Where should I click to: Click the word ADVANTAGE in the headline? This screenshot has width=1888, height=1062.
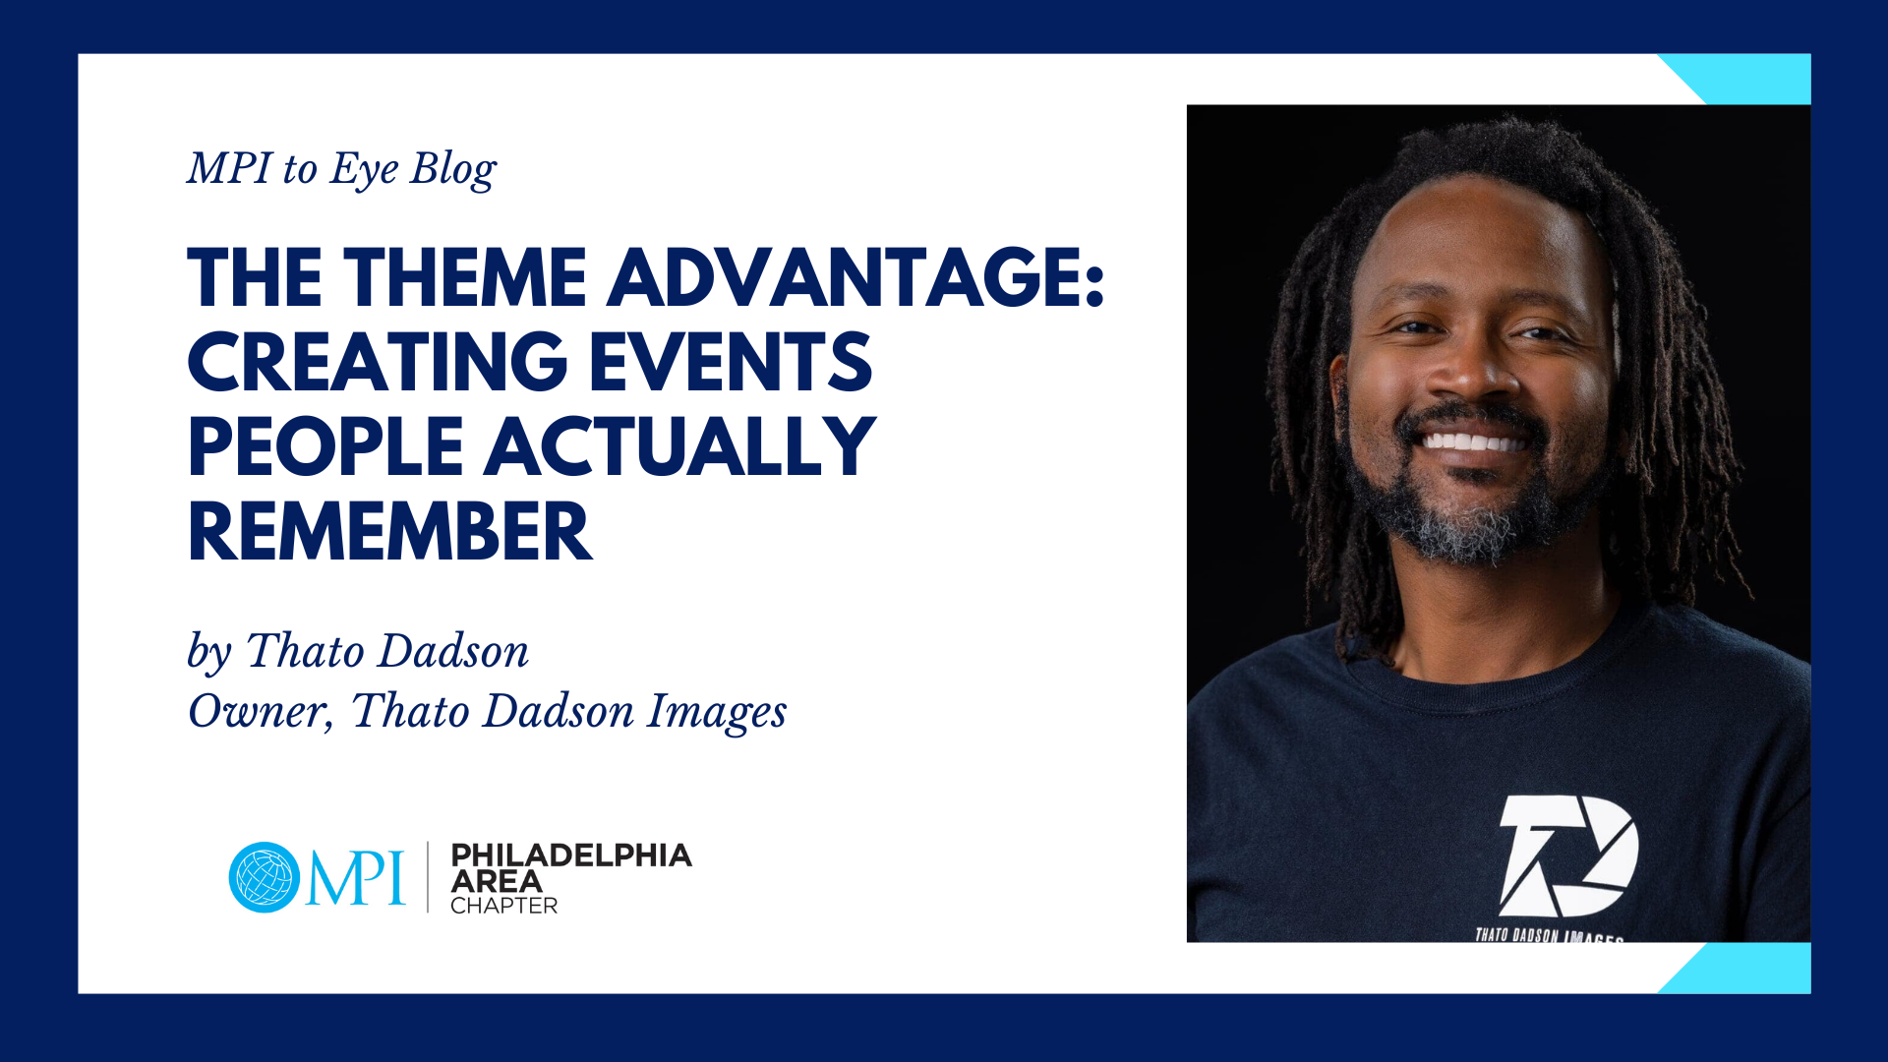tap(855, 277)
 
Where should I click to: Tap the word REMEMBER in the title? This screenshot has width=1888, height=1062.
tap(390, 532)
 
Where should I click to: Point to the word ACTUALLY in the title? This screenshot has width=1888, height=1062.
tap(679, 446)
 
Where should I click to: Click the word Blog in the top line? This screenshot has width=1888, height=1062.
tap(453, 170)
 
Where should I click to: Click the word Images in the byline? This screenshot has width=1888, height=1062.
tap(717, 713)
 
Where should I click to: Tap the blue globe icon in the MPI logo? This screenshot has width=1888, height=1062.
tap(265, 877)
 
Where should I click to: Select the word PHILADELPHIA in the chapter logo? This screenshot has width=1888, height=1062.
tap(571, 855)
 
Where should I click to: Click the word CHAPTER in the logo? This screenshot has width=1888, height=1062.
tap(503, 906)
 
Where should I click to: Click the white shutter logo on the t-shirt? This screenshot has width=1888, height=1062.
tap(1568, 855)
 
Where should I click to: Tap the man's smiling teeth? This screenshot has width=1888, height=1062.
tap(1472, 442)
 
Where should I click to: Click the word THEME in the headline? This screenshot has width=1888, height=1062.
tap(464, 277)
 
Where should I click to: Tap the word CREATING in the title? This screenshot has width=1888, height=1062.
tap(378, 362)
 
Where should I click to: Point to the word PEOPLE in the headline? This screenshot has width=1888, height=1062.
tap(325, 446)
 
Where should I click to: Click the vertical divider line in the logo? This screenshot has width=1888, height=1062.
tap(428, 877)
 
